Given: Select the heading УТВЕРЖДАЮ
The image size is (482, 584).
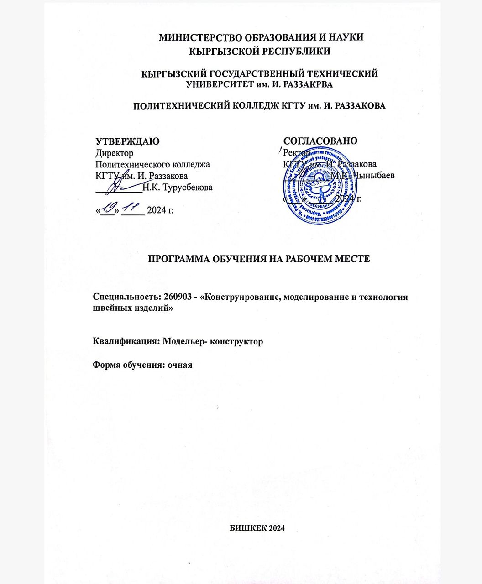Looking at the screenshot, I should click(127, 141).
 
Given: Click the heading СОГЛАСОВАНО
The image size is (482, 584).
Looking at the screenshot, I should click(320, 141).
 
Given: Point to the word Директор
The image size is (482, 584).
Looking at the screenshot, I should click(114, 153).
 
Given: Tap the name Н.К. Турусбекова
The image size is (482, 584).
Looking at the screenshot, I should click(178, 187).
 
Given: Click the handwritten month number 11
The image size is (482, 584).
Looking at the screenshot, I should click(133, 209).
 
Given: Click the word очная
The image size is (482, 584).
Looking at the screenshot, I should click(180, 365).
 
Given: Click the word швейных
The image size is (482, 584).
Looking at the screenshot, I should click(111, 308).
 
